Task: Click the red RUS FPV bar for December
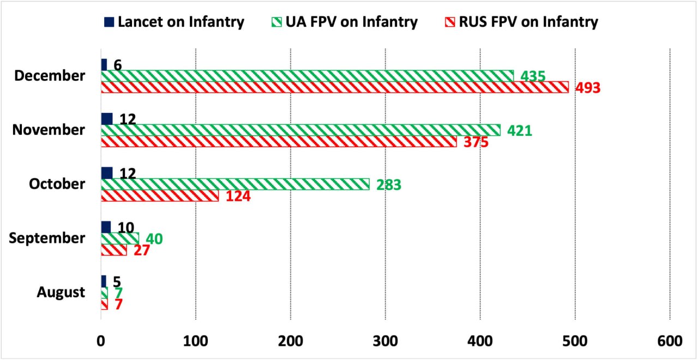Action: click(x=335, y=87)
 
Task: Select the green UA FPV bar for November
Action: click(x=300, y=130)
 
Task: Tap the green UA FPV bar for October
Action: click(x=235, y=184)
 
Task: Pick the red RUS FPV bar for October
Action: click(x=160, y=195)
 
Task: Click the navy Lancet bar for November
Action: click(x=107, y=119)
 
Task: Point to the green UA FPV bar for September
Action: click(x=120, y=238)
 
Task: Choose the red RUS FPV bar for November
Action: click(x=279, y=141)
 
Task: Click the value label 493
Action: click(x=585, y=88)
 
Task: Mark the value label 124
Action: click(x=235, y=196)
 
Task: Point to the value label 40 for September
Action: click(x=154, y=239)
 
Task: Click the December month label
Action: click(x=50, y=76)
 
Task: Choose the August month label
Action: click(x=61, y=292)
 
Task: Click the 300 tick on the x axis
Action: click(x=385, y=341)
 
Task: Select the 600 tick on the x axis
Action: click(x=670, y=341)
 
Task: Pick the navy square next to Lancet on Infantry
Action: click(x=109, y=22)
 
